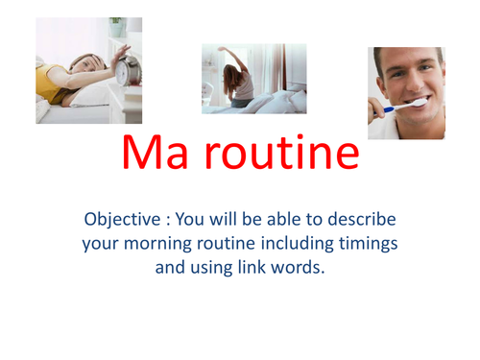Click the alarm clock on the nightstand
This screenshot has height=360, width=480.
point(127,70)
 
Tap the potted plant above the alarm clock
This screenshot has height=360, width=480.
point(116,28)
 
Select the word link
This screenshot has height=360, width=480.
point(244,267)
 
